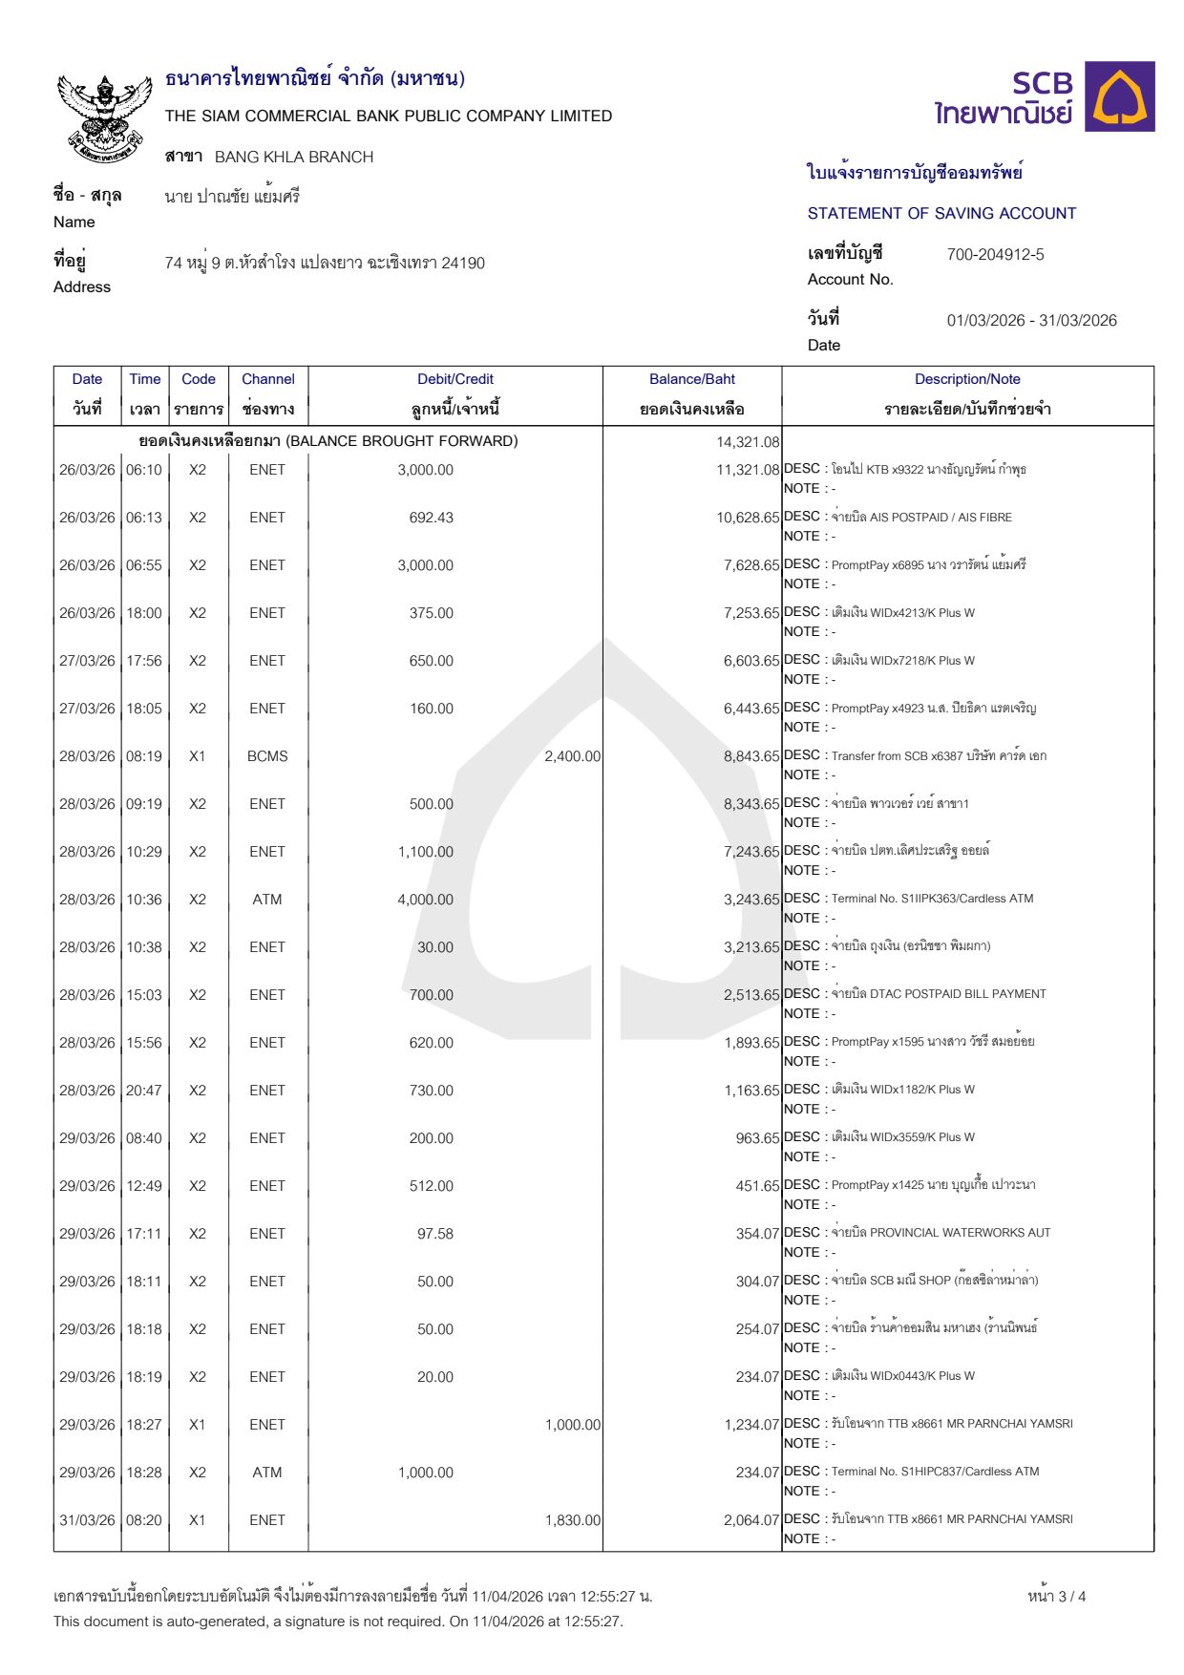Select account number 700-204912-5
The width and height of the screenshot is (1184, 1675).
995,255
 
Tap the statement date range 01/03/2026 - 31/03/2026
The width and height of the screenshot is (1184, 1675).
1031,321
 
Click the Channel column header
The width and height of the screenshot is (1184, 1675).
267,379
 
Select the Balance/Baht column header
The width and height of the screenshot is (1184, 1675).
691,379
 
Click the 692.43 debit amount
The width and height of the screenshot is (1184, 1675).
432,518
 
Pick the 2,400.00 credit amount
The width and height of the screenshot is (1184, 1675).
572,756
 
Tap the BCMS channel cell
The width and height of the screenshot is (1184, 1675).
267,756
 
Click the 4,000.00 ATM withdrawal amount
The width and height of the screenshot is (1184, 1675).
426,900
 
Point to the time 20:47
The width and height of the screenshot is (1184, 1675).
144,1091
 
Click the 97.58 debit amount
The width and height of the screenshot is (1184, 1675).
435,1234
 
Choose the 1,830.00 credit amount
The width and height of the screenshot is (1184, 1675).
572,1520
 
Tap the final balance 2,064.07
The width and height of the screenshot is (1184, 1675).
751,1520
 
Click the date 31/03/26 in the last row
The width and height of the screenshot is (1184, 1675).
87,1520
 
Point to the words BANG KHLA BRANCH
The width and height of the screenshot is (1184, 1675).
294,158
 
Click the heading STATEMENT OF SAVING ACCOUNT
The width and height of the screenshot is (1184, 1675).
941,214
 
